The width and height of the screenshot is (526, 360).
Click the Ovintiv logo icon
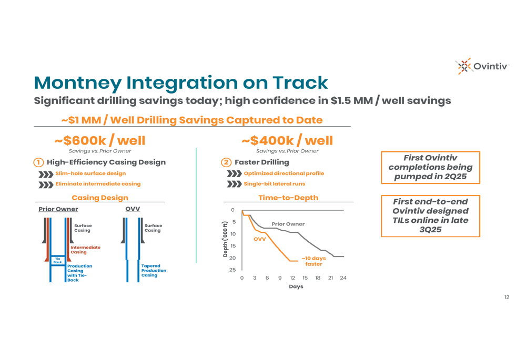tap(464, 66)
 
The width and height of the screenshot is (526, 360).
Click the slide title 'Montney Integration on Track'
tap(181, 83)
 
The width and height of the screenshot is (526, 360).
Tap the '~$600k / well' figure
tap(100, 140)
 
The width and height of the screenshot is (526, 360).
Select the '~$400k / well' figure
tap(287, 140)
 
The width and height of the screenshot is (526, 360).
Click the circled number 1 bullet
tap(38, 162)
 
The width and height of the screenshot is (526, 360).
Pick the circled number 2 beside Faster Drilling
tap(226, 162)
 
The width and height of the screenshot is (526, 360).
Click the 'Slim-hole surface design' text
tap(90, 173)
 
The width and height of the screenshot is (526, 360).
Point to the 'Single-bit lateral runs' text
tap(275, 184)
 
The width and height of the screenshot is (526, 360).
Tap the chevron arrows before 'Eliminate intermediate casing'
tap(46, 184)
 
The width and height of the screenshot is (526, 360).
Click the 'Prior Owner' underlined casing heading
tap(58, 209)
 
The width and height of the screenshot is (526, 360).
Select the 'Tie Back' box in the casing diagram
tap(58, 261)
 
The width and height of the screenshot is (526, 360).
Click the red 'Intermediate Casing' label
tap(85, 250)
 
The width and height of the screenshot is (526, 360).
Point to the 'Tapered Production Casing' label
tap(154, 271)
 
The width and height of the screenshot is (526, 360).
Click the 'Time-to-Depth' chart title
tap(288, 198)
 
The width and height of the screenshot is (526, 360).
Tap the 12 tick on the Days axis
tap(292, 278)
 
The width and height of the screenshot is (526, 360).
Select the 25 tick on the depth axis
tap(232, 270)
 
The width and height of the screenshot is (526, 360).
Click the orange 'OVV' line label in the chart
tap(260, 239)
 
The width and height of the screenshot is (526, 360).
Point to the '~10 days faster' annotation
tap(313, 261)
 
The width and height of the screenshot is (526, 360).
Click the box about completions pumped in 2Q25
tap(430, 168)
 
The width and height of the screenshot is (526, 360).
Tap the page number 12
tap(507, 297)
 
